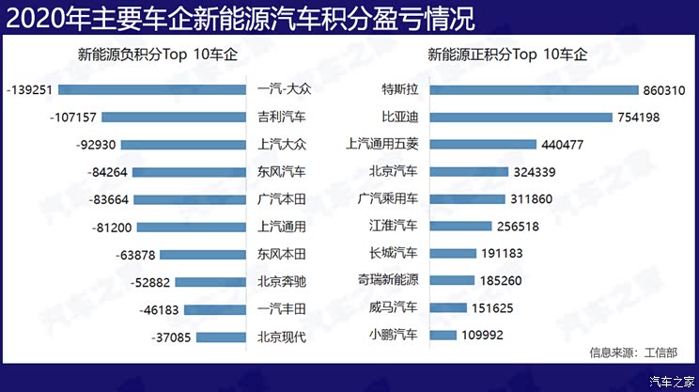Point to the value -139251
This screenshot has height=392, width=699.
28,90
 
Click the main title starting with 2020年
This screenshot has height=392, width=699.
240,17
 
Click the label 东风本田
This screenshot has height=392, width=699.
282,254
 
